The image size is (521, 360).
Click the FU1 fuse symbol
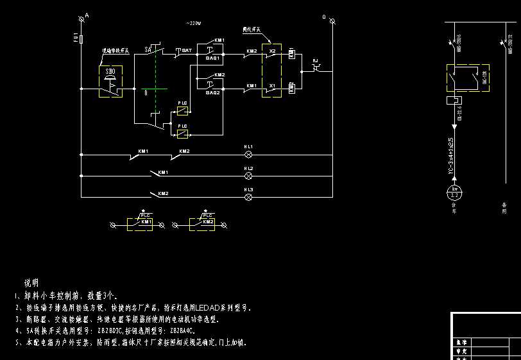[81, 38]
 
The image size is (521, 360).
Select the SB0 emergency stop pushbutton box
[110, 81]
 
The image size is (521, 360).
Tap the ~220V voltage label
[193, 24]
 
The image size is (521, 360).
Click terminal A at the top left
[81, 21]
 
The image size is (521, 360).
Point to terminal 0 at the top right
[332, 21]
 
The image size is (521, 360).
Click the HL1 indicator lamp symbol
[249, 155]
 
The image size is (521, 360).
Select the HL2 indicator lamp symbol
[249, 175]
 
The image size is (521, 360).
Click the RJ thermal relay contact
[315, 67]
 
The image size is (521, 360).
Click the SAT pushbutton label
[187, 49]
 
